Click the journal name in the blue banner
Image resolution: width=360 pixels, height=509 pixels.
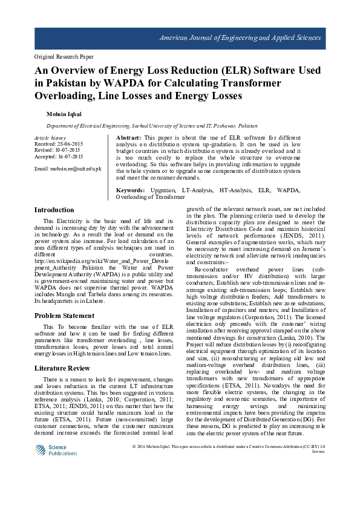240,38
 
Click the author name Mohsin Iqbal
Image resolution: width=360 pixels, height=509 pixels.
63,114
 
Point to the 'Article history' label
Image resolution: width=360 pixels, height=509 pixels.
50,138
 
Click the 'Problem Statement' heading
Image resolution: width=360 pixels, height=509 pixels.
64,316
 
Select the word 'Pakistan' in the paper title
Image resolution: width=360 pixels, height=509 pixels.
63,83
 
